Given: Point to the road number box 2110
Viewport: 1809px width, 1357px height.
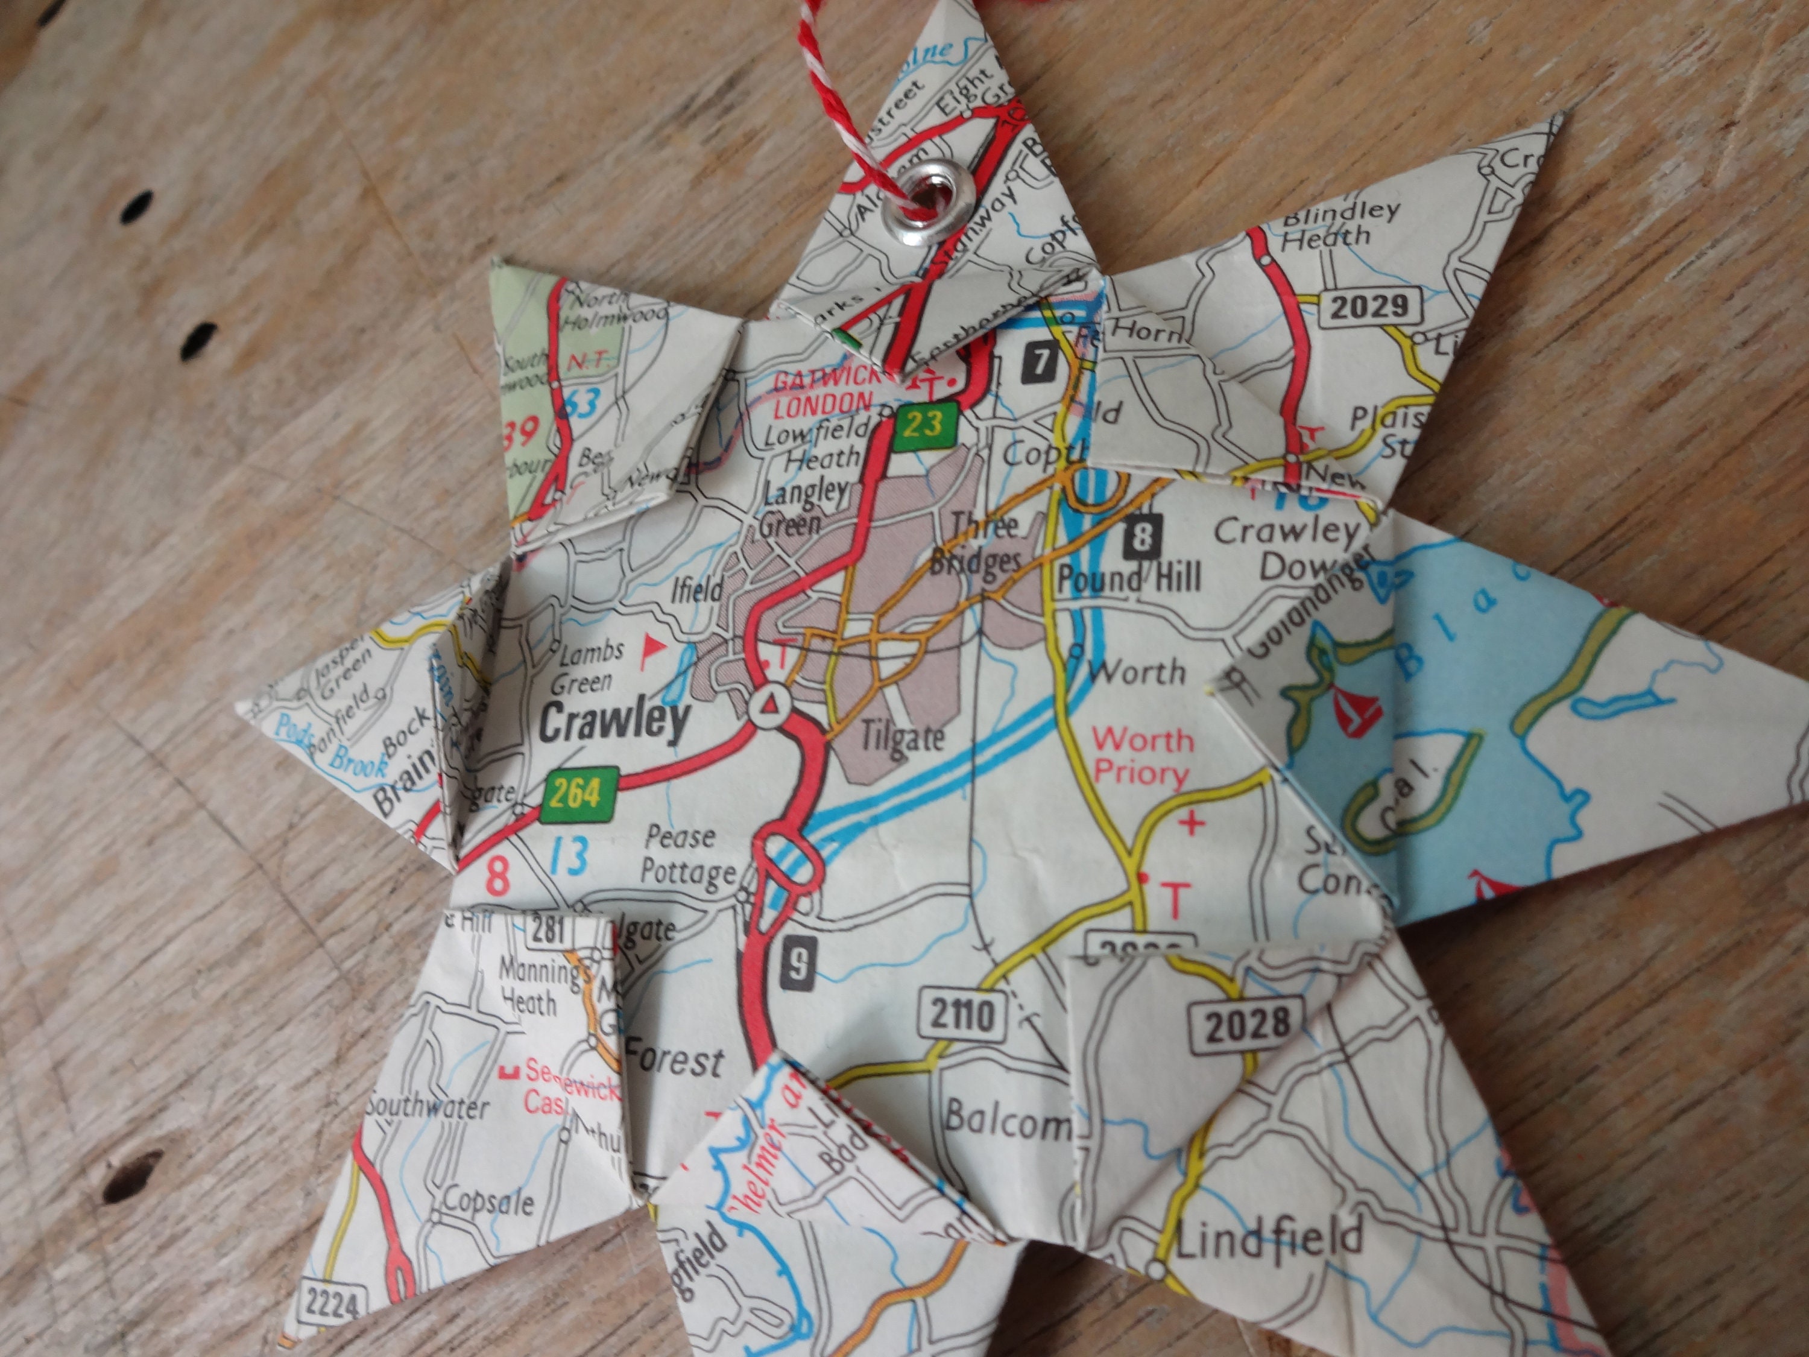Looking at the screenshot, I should tap(961, 1015).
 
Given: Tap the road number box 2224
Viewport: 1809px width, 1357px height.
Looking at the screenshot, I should tap(331, 1302).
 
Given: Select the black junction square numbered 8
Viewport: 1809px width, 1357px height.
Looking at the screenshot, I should tap(1143, 537).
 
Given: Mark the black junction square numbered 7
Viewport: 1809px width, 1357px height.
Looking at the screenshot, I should tap(1040, 361).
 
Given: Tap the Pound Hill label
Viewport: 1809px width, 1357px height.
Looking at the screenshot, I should tap(1129, 578).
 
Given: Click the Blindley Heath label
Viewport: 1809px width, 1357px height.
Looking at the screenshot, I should tap(1339, 223).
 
